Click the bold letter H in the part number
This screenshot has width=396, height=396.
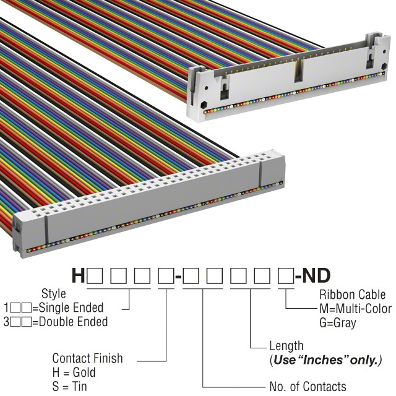pyautogui.click(x=79, y=275)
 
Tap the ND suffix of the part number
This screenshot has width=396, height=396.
pyautogui.click(x=316, y=275)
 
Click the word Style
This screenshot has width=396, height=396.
pyautogui.click(x=54, y=294)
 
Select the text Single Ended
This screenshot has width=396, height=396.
pyautogui.click(x=71, y=308)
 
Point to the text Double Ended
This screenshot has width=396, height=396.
pyautogui.click(x=73, y=322)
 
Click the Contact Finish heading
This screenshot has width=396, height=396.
pyautogui.click(x=87, y=358)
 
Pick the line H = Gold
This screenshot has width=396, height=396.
pyautogui.click(x=74, y=372)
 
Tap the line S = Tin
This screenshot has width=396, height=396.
pyautogui.click(x=70, y=386)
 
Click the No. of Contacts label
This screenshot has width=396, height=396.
pyautogui.click(x=308, y=386)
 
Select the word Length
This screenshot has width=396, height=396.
pyautogui.click(x=286, y=346)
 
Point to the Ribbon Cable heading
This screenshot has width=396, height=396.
pyautogui.click(x=352, y=295)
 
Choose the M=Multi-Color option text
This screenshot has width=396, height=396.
pyautogui.click(x=355, y=308)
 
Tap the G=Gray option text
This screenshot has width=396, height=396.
pyautogui.click(x=338, y=322)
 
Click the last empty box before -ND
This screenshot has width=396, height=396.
pyautogui.click(x=286, y=276)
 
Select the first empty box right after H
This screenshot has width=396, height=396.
pyautogui.click(x=95, y=276)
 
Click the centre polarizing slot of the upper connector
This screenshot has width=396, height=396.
pyautogui.click(x=298, y=70)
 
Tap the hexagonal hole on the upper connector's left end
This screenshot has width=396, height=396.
pyautogui.click(x=204, y=105)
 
